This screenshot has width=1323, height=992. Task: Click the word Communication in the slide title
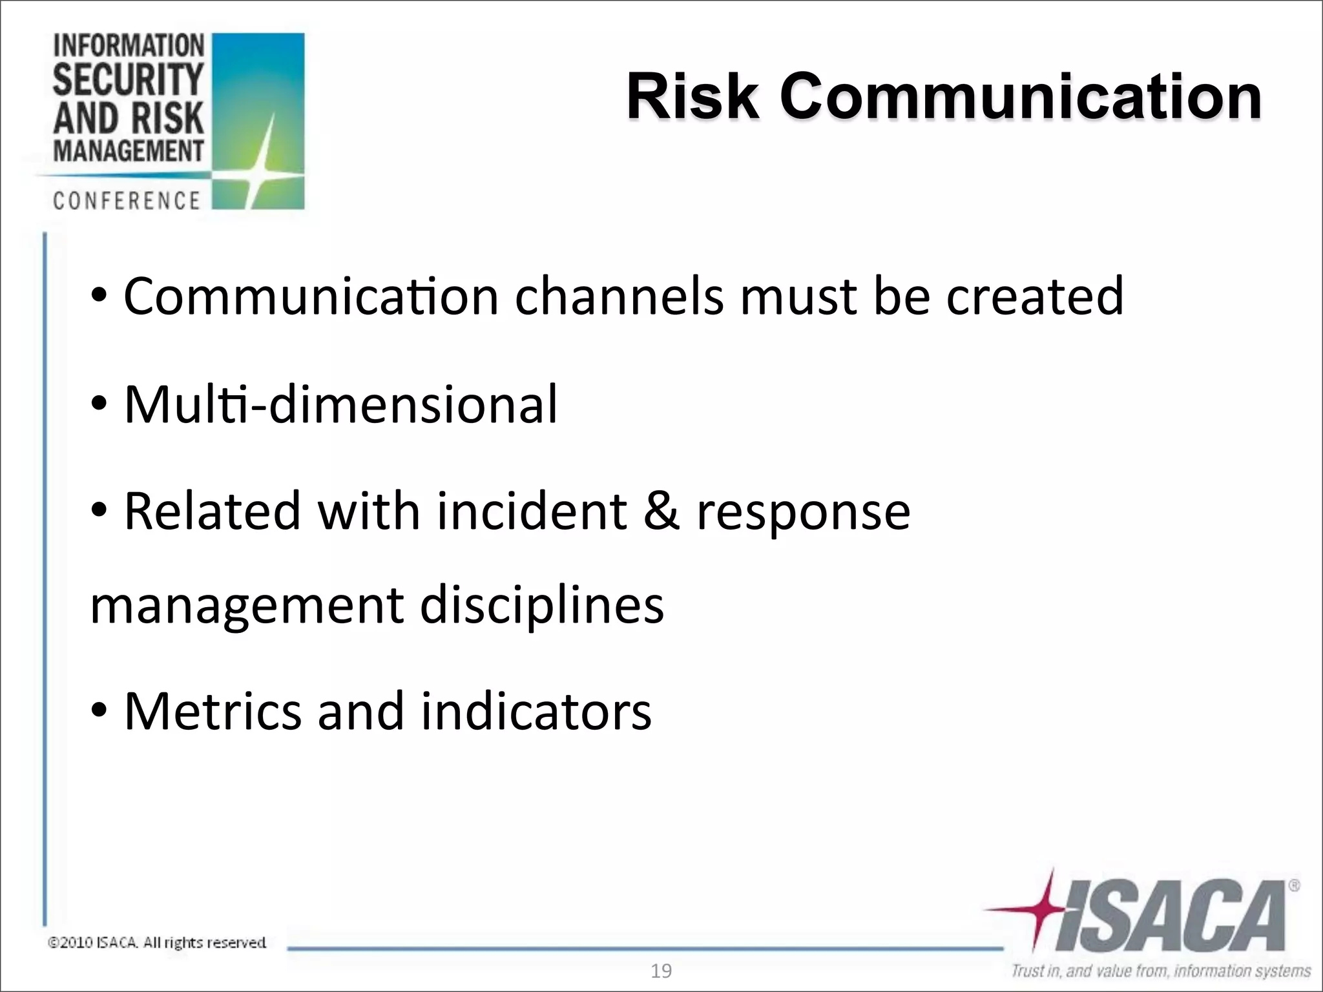1021,97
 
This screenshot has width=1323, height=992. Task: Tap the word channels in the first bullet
619,296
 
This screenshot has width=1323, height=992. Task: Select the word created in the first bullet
1035,296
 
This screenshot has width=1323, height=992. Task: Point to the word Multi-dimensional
340,405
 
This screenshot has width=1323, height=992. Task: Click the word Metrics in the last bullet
213,712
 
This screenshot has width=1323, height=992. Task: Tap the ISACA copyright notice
157,943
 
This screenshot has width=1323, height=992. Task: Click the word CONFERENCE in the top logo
127,201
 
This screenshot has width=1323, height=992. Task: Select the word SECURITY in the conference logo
128,79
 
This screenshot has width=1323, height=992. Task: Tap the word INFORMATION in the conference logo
129,46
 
